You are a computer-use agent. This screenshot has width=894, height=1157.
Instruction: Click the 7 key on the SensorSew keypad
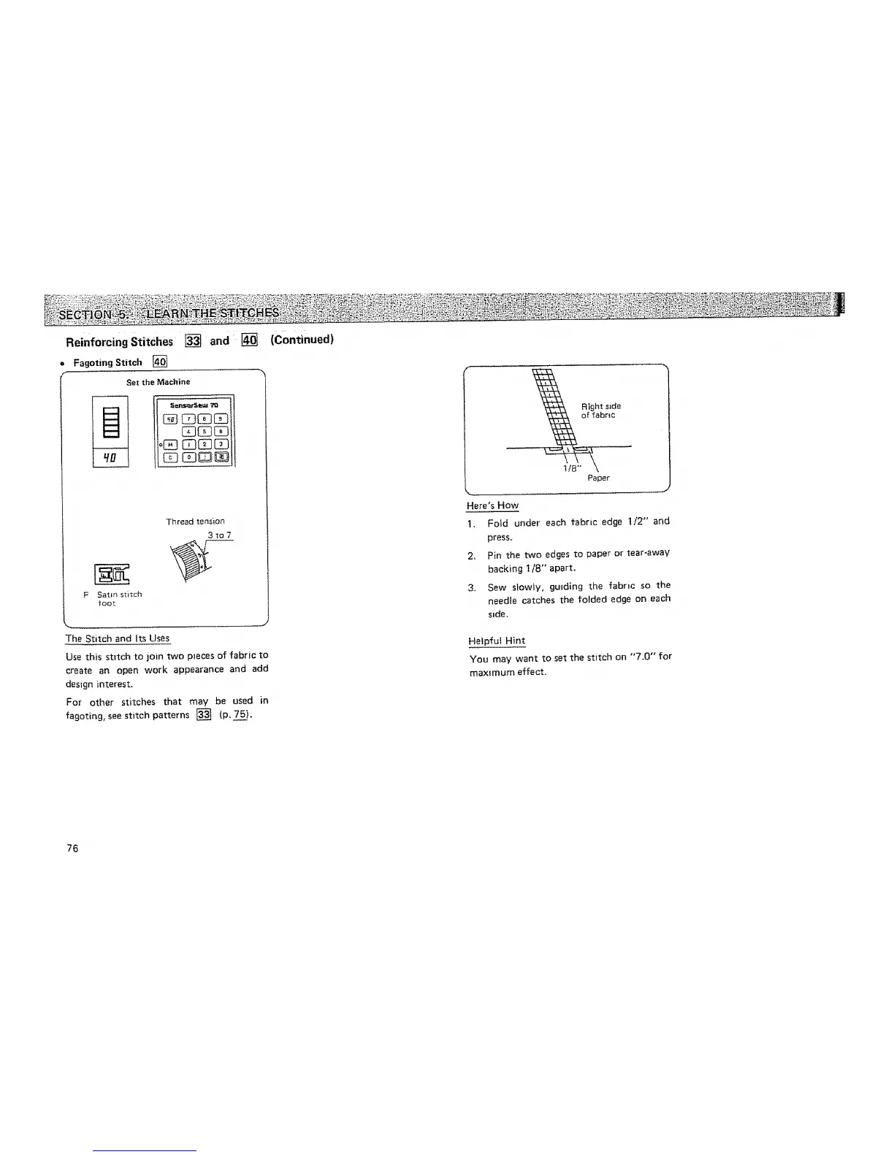(x=188, y=419)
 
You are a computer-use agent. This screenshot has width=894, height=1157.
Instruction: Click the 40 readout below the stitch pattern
(x=110, y=458)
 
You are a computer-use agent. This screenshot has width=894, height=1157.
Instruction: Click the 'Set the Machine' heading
(x=158, y=382)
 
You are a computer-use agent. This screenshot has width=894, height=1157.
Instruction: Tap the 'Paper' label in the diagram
(x=598, y=478)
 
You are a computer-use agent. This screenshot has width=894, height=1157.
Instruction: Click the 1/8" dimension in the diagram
(x=570, y=468)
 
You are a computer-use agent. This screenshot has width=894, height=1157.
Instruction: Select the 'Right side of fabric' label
(x=600, y=411)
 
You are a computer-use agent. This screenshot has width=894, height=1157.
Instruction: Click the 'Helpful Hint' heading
(x=497, y=641)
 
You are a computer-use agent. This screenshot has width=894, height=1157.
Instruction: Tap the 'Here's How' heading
(x=492, y=505)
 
